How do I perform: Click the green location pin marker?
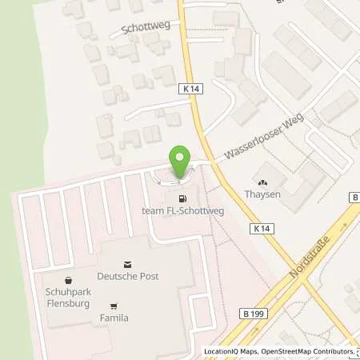tap(181, 162)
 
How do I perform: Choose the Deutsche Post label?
tap(127, 276)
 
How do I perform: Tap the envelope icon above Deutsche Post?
tap(127, 263)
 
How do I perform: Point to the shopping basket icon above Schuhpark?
tap(67, 280)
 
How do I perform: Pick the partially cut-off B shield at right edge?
tap(354, 198)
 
